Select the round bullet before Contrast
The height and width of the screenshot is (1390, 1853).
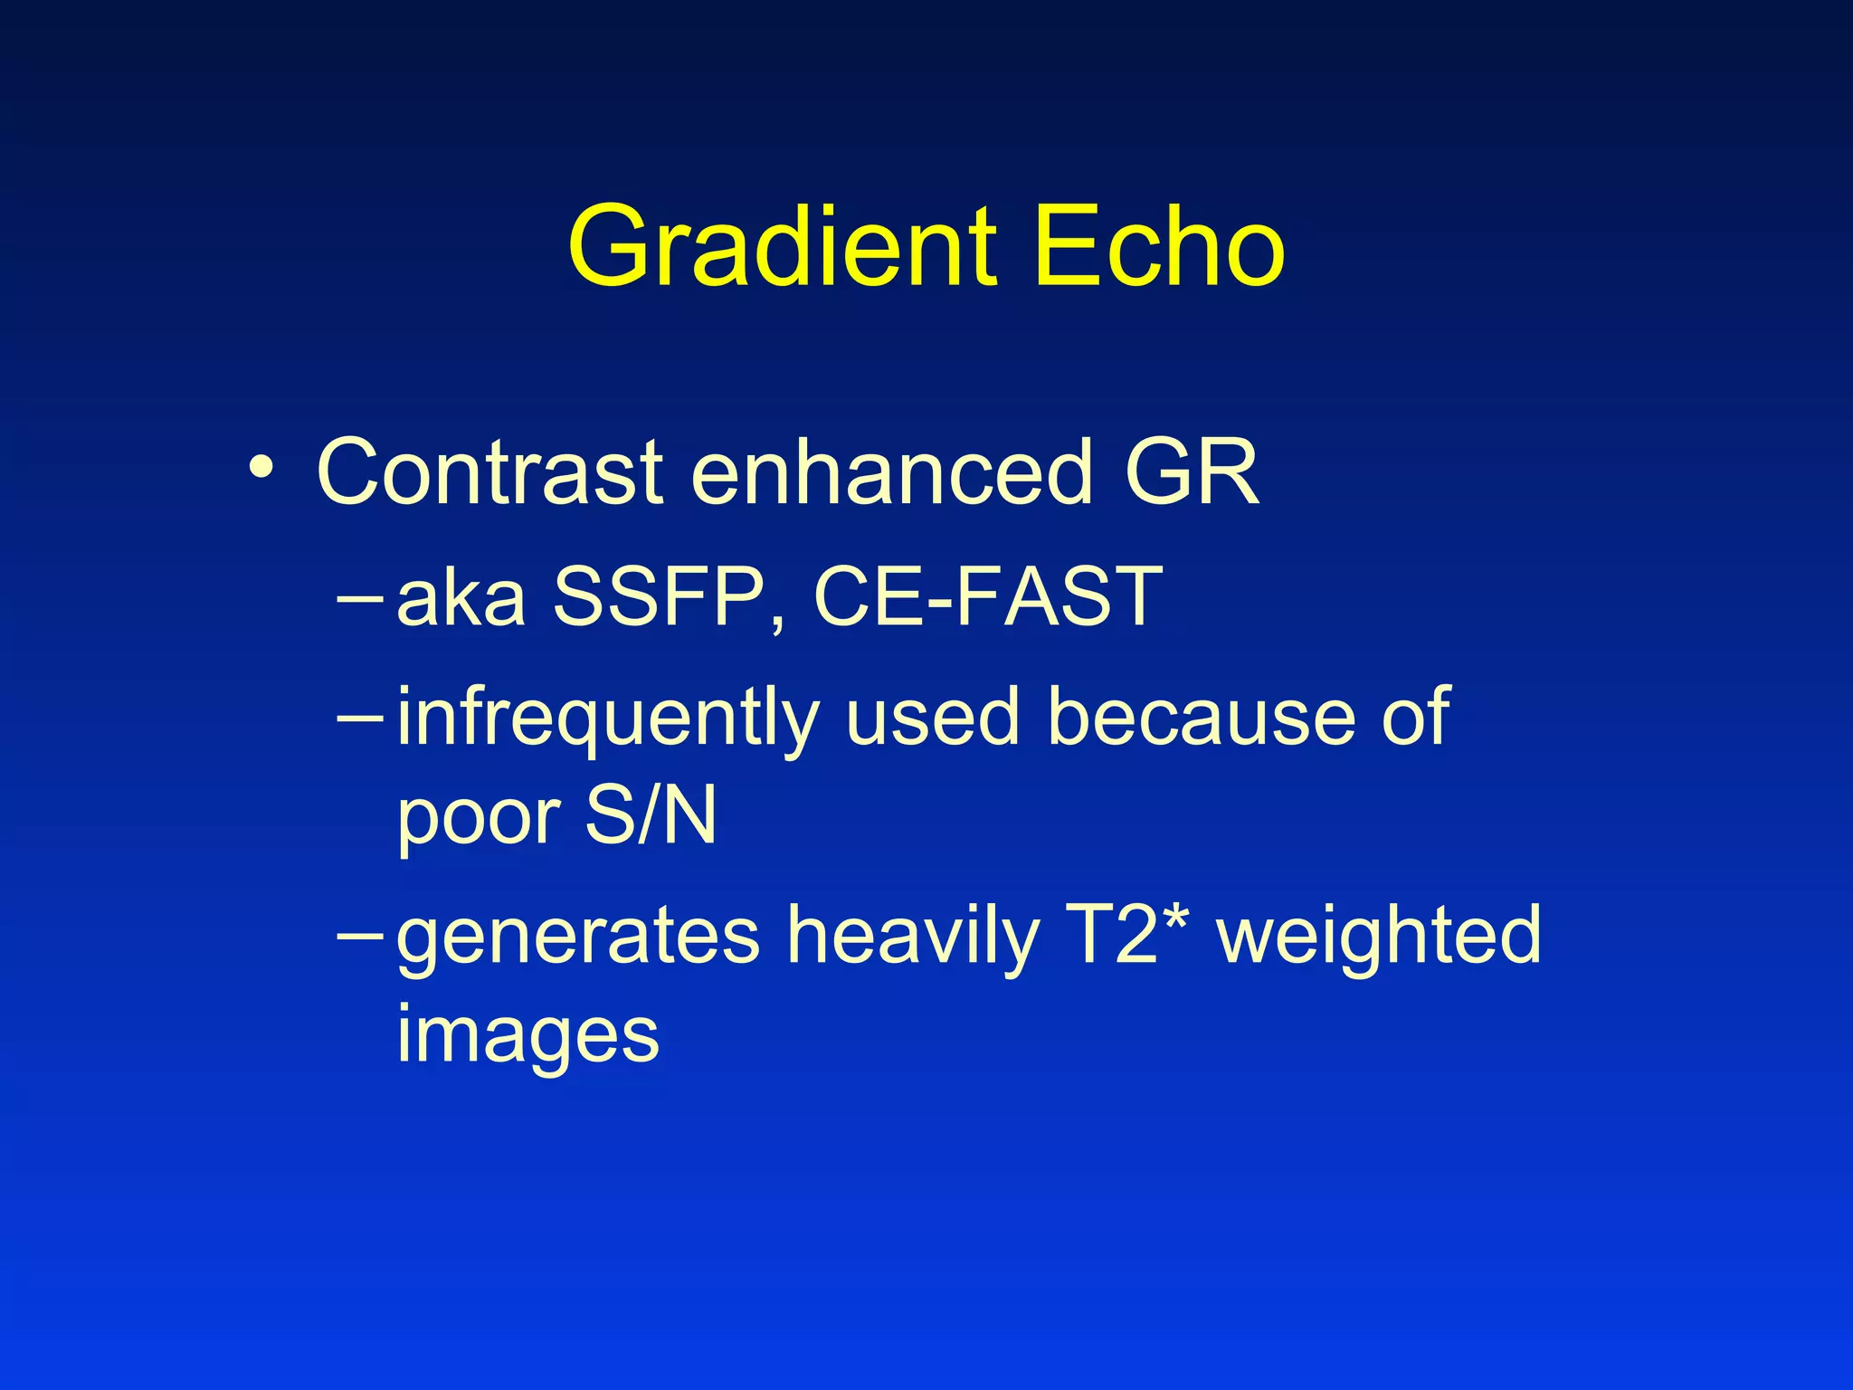tap(261, 469)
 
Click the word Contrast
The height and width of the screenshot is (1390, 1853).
tap(489, 472)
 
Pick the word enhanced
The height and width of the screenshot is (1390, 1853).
tap(891, 472)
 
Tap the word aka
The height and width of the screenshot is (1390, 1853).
tap(461, 597)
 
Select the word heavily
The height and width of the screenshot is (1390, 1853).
tap(914, 938)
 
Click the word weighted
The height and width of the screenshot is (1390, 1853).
tap(1379, 938)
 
